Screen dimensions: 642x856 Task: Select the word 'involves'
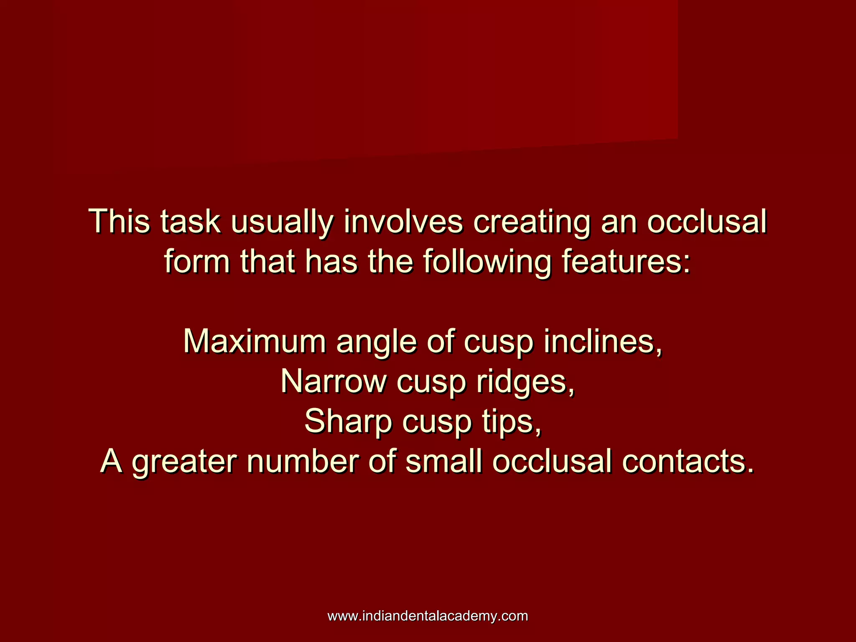[x=403, y=222]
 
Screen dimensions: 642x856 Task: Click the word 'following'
[x=487, y=262]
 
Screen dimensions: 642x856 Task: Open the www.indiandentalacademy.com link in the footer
[x=428, y=616]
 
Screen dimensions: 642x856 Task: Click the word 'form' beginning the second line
[x=197, y=262]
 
